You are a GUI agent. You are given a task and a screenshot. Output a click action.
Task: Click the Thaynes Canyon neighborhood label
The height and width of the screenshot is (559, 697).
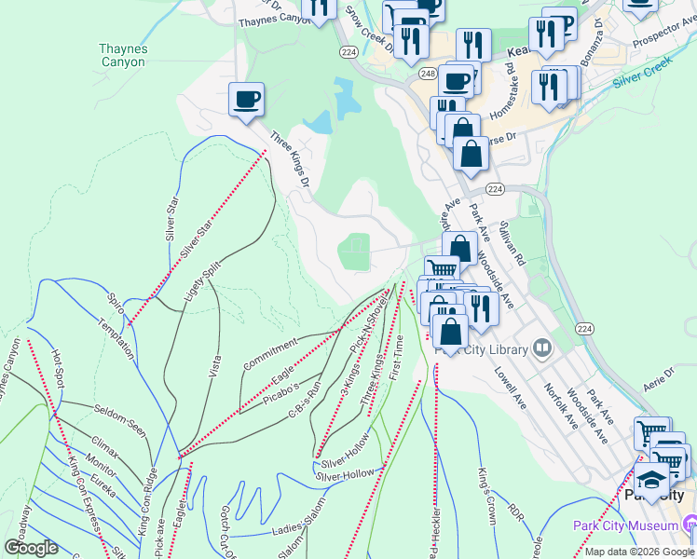[123, 55]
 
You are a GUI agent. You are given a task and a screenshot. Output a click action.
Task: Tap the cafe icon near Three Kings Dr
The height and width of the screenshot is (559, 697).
[246, 100]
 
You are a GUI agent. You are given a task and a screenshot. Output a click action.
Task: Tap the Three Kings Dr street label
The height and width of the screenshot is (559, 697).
[289, 164]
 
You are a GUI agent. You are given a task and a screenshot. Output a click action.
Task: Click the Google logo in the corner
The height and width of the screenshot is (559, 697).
[31, 548]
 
